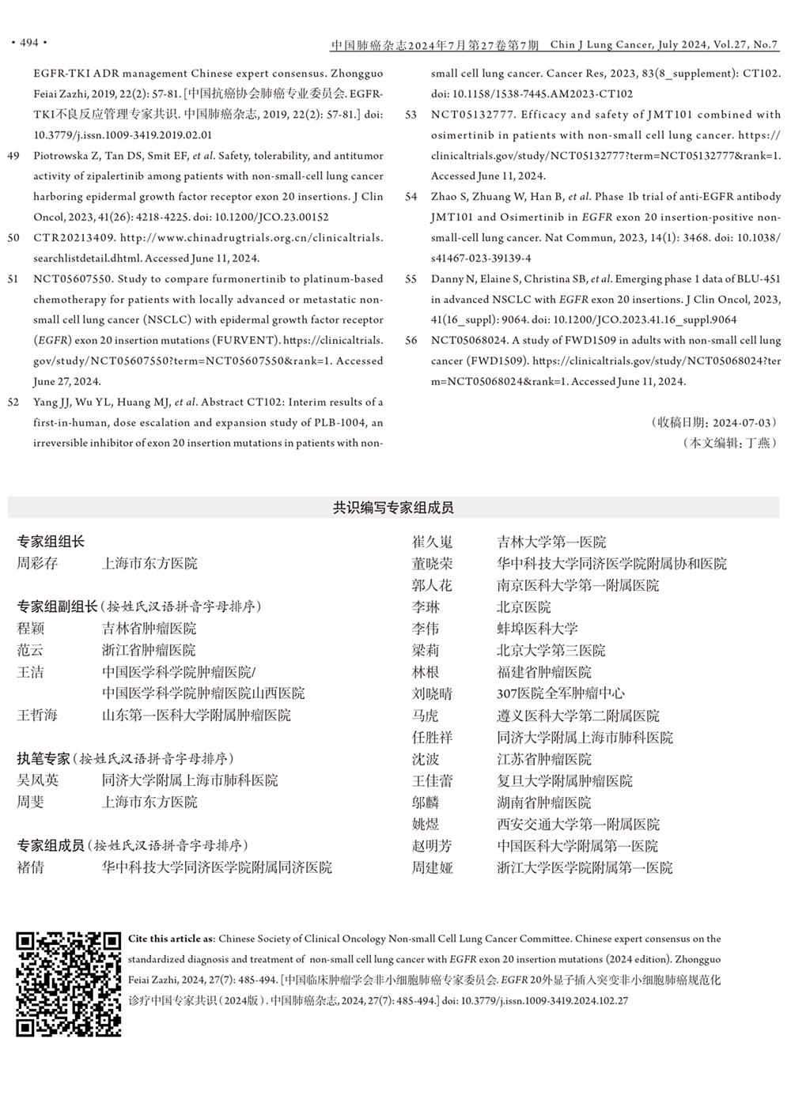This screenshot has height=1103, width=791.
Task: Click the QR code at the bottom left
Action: click(x=69, y=984)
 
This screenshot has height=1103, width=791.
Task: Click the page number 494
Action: click(x=28, y=43)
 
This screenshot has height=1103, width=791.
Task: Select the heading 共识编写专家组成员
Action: click(x=393, y=508)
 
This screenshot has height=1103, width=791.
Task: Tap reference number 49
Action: click(x=13, y=156)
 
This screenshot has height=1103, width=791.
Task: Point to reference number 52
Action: click(x=13, y=402)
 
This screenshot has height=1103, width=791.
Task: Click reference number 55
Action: click(x=411, y=279)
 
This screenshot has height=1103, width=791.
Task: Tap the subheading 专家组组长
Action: click(x=51, y=542)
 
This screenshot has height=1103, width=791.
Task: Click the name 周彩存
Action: click(x=37, y=564)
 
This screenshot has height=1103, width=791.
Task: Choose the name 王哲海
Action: click(x=37, y=716)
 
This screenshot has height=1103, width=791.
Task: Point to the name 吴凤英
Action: click(x=37, y=780)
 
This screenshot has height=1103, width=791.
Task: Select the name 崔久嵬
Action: click(x=432, y=542)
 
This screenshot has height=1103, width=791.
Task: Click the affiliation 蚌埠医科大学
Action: click(x=537, y=629)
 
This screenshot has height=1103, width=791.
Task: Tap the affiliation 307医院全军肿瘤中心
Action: click(x=560, y=694)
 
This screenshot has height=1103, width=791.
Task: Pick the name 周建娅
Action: click(x=432, y=868)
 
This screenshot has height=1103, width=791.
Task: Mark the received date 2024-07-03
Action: click(x=743, y=423)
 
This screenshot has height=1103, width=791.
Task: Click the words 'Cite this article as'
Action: click(x=171, y=939)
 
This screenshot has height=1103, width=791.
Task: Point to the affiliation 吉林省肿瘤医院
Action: click(x=149, y=629)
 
